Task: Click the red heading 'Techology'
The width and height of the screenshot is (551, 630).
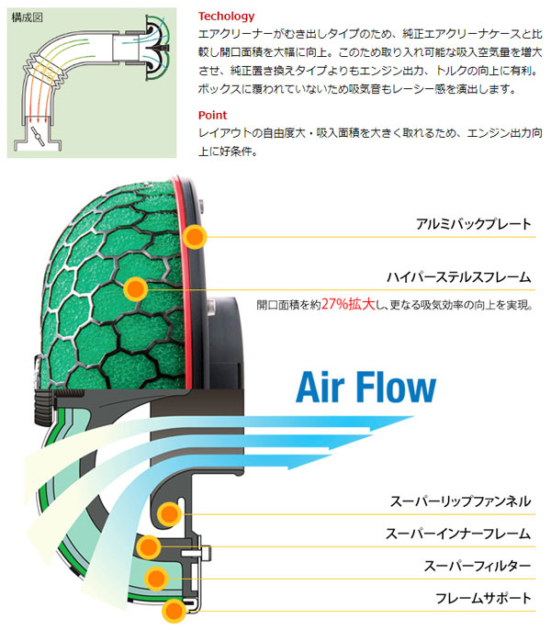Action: [x=226, y=17]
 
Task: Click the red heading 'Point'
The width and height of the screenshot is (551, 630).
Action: [x=213, y=116]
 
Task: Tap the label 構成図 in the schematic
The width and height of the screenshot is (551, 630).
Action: [x=27, y=17]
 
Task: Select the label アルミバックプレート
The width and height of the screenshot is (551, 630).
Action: [x=474, y=224]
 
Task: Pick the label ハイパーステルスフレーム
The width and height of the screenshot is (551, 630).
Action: [x=458, y=277]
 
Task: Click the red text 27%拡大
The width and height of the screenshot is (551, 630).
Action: [x=348, y=304]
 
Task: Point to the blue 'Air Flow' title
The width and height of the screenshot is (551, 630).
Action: [x=365, y=387]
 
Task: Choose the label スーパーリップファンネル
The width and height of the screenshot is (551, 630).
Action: [x=461, y=501]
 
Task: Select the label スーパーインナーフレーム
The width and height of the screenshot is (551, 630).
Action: [x=458, y=534]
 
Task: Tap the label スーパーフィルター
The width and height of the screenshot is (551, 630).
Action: [x=478, y=566]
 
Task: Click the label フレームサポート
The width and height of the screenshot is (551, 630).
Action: [x=483, y=598]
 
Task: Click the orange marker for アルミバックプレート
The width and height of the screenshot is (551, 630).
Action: [x=195, y=237]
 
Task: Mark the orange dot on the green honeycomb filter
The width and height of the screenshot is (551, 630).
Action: [x=136, y=289]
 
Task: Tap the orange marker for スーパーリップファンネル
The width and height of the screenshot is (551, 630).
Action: [x=169, y=514]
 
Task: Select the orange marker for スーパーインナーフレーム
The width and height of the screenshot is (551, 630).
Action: [x=148, y=546]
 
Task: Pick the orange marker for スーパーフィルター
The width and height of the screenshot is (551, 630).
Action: [x=156, y=579]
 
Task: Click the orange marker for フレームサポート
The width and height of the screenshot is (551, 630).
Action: [x=174, y=611]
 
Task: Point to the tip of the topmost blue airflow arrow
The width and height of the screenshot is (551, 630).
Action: [x=414, y=417]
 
